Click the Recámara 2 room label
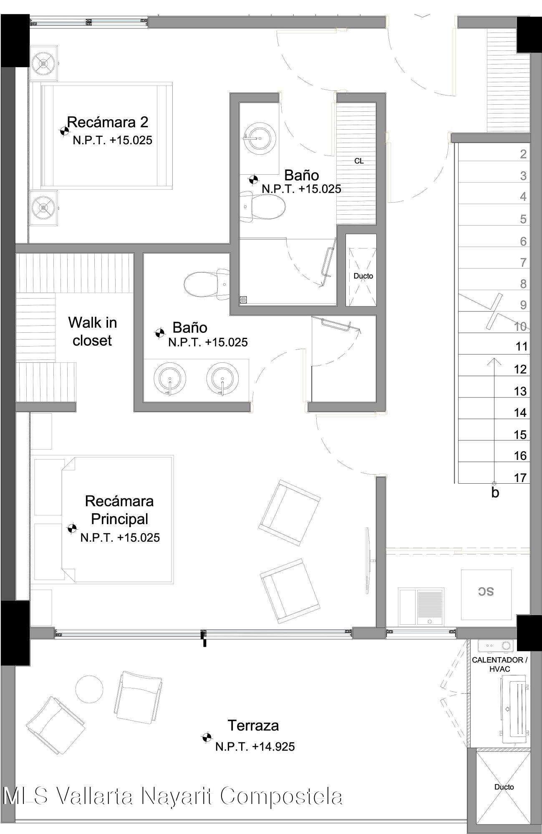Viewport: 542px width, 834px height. coord(108,122)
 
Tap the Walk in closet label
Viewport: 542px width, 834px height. coord(92,332)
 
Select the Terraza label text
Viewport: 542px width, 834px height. coord(253,725)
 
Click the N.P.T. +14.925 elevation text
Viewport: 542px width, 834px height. coord(255,746)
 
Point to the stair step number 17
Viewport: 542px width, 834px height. coord(520,477)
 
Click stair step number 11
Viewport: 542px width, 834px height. coord(522,347)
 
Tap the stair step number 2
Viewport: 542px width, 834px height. coord(523,154)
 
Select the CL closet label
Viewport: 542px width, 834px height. coord(359,161)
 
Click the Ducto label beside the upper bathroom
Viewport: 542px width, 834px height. coord(363,276)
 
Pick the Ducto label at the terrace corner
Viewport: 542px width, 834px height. coord(504,787)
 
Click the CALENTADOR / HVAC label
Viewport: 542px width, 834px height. coord(500,664)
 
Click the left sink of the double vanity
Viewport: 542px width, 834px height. coord(169,379)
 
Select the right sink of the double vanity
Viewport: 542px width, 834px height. coord(222,379)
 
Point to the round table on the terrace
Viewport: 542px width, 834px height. coord(89,689)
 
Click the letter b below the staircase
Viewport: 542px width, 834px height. coord(495,493)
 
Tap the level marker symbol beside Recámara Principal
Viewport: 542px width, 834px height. coord(72,528)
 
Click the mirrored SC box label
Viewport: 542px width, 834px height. coord(486,591)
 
